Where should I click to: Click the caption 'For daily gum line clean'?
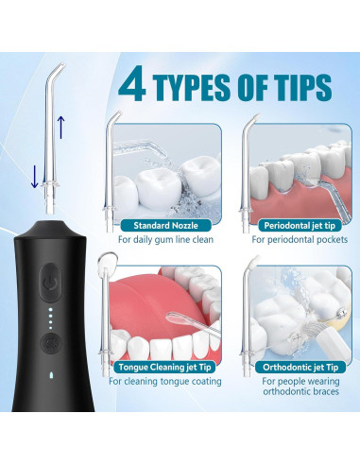tap(162, 240)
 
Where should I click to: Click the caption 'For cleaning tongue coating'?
tap(164, 381)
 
